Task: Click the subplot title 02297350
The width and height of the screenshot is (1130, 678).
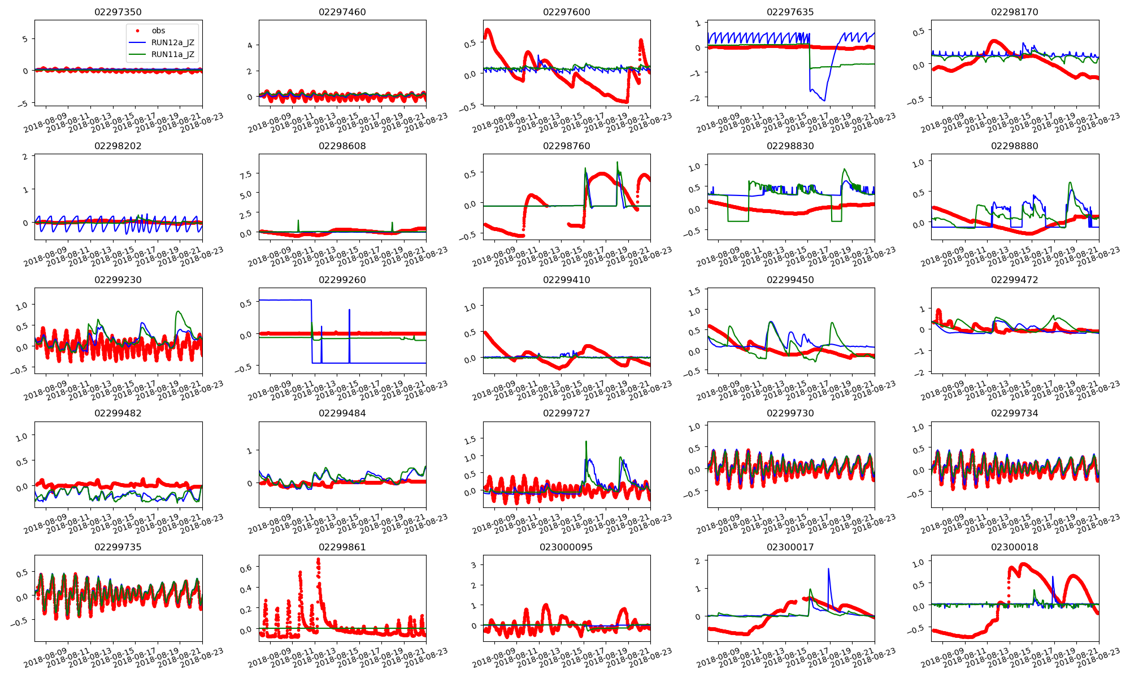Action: tap(118, 12)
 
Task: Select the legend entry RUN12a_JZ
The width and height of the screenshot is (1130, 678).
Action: tap(172, 42)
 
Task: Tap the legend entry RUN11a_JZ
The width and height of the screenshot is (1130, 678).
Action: tap(172, 54)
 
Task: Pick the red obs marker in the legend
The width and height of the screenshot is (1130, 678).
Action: tap(137, 31)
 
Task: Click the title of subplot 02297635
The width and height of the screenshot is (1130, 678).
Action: tap(790, 12)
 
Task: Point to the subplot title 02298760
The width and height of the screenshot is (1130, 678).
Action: tap(566, 146)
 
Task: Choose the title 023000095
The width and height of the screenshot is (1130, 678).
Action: tap(566, 547)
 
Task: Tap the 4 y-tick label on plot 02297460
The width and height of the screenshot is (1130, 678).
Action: tap(250, 45)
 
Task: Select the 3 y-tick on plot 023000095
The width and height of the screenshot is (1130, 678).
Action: tap(473, 565)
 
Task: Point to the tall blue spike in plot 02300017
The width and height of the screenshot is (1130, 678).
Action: tap(828, 570)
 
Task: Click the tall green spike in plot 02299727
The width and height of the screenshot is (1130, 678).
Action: tap(586, 442)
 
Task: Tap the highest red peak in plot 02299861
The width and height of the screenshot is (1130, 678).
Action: tap(318, 560)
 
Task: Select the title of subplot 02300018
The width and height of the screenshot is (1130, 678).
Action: tap(1014, 547)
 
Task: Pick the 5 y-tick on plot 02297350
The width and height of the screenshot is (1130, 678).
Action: tap(25, 39)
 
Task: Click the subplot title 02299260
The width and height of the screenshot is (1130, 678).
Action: tap(342, 280)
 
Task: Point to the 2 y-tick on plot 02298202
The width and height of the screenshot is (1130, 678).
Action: tap(25, 157)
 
